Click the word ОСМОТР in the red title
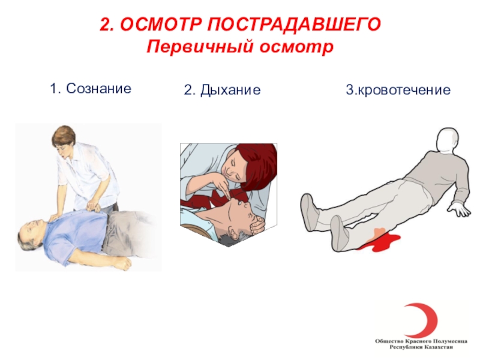(161, 24)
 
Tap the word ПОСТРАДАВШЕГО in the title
(294, 24)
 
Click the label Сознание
(98, 89)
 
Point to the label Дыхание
(230, 90)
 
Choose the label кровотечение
(404, 90)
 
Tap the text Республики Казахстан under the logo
(421, 347)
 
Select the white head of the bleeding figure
(448, 139)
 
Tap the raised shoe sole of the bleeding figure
(307, 211)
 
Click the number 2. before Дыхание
(190, 90)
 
